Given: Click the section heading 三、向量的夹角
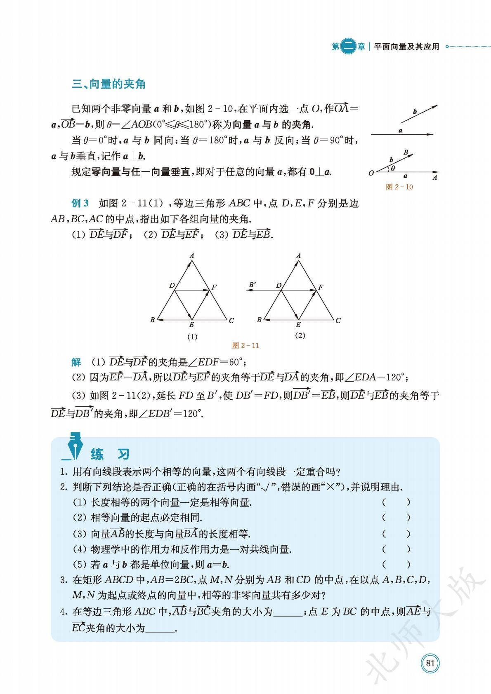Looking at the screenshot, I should [109, 84].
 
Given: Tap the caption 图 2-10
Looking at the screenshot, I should [399, 187].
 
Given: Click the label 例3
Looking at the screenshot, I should [80, 203].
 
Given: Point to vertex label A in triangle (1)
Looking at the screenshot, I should [192, 256].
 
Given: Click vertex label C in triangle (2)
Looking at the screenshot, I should [338, 320].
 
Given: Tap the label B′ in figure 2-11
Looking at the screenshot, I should [253, 284].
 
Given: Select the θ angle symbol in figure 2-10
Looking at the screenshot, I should [393, 168].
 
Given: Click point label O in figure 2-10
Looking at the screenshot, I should [371, 173].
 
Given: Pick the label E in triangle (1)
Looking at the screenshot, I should [192, 325].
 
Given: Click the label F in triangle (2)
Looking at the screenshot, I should [321, 287].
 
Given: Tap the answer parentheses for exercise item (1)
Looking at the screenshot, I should [396, 502].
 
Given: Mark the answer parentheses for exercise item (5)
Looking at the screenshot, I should [396, 564].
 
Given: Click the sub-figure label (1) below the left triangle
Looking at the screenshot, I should [192, 336].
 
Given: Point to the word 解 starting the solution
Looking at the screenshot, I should [76, 362].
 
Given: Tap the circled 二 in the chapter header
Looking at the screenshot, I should [349, 47].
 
